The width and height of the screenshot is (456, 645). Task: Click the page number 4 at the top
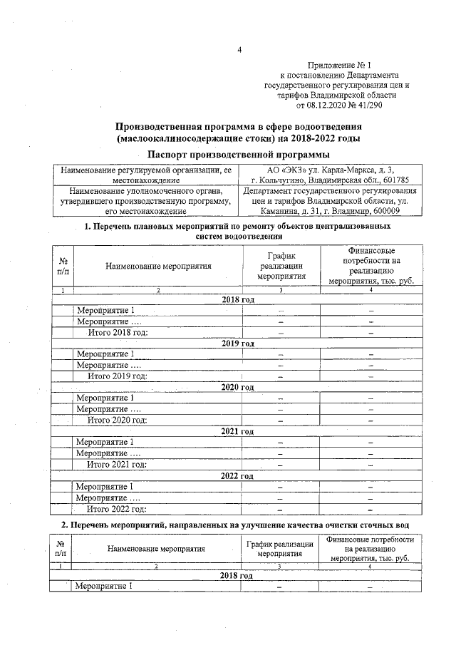pyautogui.click(x=239, y=49)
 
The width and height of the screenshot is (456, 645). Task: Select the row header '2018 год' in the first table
pyautogui.click(x=237, y=299)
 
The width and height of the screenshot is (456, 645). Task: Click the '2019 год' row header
pyautogui.click(x=237, y=344)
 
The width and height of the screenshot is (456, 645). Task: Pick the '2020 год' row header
pyautogui.click(x=237, y=387)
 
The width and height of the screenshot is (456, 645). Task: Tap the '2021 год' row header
pyautogui.click(x=237, y=431)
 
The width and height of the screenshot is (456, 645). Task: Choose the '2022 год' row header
pyautogui.click(x=237, y=475)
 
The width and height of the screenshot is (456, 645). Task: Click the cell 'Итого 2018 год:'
pyautogui.click(x=117, y=332)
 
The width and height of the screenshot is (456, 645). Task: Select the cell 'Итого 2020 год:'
pyautogui.click(x=117, y=420)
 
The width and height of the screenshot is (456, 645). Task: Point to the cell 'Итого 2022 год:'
pyautogui.click(x=117, y=509)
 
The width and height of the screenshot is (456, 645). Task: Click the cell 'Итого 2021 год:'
pyautogui.click(x=117, y=465)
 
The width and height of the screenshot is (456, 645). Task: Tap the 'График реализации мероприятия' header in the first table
pyautogui.click(x=281, y=267)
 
